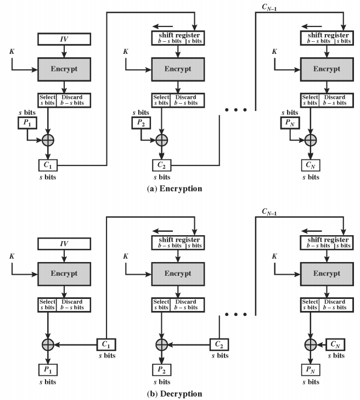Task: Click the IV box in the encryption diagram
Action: point(64,39)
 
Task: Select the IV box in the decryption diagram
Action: point(64,243)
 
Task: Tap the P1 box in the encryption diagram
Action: point(27,123)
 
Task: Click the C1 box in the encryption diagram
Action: point(48,165)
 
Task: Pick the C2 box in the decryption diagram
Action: point(219,345)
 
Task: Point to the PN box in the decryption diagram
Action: point(311,370)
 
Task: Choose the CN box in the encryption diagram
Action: point(311,165)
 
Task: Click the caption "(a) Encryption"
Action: point(175,188)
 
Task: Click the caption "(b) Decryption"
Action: point(175,393)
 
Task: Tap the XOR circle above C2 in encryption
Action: point(161,140)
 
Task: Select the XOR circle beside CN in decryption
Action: point(311,345)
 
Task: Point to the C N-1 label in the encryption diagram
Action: point(269,7)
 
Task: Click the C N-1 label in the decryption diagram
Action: point(269,212)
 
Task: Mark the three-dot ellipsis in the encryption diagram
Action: point(236,110)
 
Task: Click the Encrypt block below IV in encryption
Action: point(64,69)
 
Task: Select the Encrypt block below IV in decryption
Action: point(64,274)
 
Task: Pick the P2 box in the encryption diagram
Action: point(141,123)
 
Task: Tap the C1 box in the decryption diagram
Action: point(106,345)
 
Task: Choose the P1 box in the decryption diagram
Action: point(48,370)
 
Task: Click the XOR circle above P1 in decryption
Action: point(48,345)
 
